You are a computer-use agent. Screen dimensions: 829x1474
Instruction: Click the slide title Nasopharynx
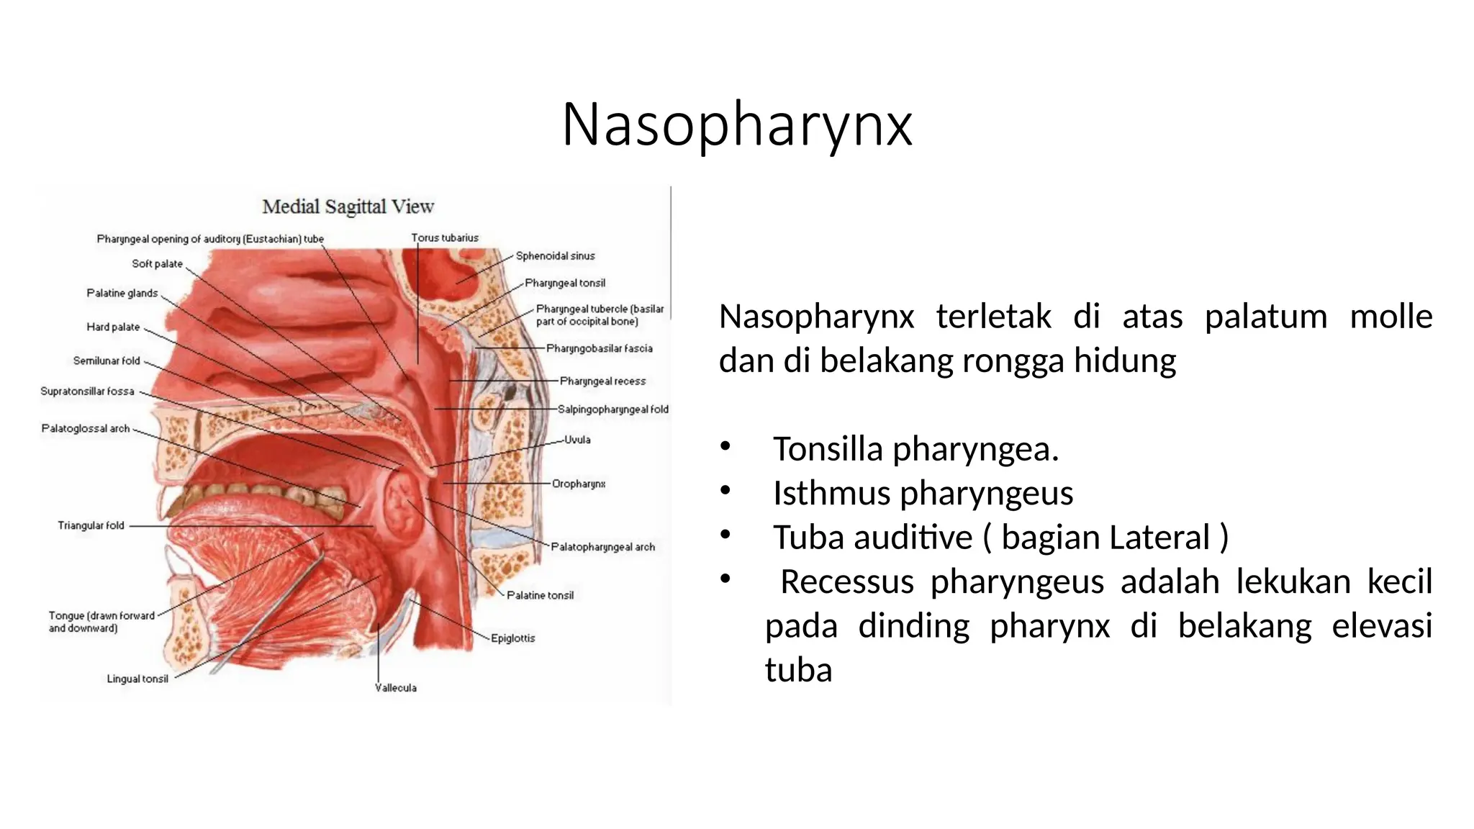736,125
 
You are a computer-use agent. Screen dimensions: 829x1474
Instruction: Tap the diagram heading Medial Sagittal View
348,207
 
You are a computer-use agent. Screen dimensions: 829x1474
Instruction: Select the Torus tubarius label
445,238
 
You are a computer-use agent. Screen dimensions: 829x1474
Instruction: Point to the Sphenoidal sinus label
555,256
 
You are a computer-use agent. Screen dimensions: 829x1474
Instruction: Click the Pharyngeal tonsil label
565,284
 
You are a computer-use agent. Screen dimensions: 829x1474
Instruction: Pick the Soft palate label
157,264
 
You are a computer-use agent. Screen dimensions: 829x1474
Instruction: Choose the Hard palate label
113,327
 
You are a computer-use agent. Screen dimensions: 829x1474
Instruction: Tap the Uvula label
577,440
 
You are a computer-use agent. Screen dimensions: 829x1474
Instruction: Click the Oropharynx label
579,484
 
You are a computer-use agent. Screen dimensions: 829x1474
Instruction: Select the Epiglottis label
512,638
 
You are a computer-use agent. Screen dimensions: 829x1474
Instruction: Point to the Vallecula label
396,688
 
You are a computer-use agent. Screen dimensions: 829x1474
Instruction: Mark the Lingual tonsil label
137,679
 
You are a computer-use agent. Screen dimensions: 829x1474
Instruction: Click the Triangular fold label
91,526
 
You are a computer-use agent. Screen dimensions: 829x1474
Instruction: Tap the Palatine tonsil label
540,596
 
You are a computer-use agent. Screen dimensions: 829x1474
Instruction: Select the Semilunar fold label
107,361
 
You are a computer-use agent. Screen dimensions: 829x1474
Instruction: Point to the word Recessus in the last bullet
847,582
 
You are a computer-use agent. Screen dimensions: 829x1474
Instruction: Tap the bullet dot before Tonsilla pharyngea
725,448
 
